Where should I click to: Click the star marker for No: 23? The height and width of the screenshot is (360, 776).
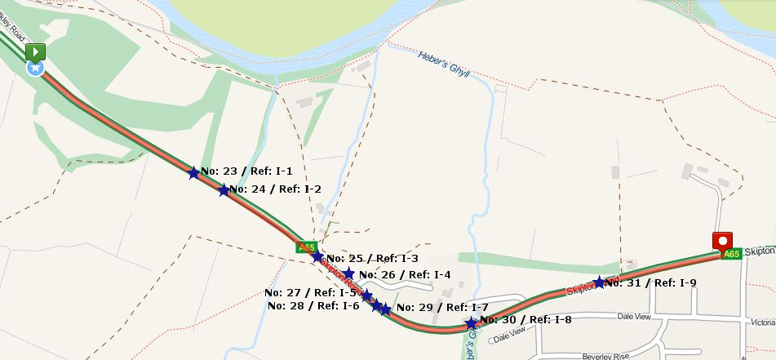point(193,173)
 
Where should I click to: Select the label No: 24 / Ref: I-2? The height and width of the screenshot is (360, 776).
point(275,189)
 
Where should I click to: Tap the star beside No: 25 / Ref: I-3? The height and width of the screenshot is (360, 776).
point(317,257)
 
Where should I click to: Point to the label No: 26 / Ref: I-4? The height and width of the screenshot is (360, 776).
point(404,275)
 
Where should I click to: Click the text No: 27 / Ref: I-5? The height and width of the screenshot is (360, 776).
point(310,292)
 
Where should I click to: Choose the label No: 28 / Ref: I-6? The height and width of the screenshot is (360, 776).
point(313,306)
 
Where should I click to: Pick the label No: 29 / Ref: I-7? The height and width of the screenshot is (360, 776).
point(441,308)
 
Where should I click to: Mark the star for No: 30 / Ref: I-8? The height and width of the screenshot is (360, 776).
point(471,323)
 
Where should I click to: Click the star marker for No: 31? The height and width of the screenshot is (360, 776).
point(599,282)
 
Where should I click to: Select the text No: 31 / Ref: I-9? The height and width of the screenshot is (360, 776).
point(650,283)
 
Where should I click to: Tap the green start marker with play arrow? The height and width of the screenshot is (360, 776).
point(35,53)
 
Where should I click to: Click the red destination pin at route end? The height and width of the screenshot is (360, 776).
point(722,242)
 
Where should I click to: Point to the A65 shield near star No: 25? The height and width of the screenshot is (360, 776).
point(306,247)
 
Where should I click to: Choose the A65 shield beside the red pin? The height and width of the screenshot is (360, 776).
point(731,255)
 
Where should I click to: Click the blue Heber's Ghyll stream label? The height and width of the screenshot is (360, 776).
point(444,64)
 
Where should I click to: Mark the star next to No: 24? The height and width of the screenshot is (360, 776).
point(224,190)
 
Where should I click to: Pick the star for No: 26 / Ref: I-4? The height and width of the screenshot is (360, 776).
point(348,273)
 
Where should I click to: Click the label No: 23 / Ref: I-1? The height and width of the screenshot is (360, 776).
point(246,171)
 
